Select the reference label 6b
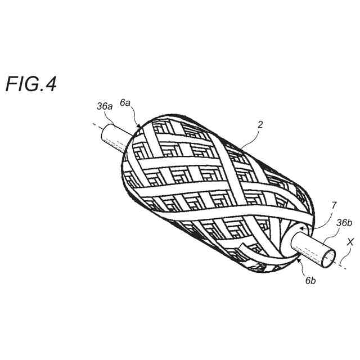coord(310,280)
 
